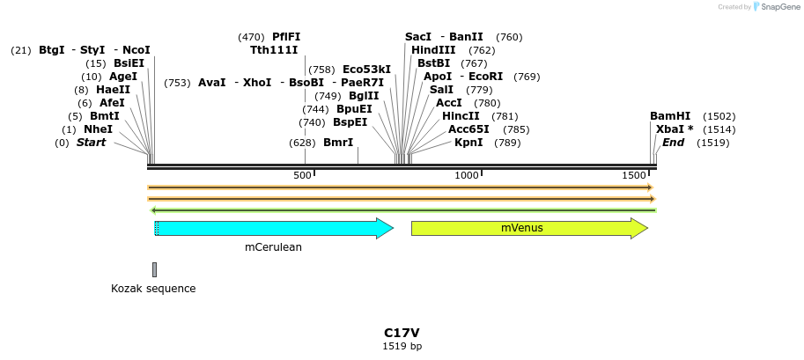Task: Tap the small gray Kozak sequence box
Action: (154, 269)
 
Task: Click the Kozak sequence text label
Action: (153, 289)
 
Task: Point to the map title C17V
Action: (402, 333)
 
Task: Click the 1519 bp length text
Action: (402, 347)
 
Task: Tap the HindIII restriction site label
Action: (433, 50)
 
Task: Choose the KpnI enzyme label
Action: (468, 143)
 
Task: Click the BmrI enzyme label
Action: (338, 143)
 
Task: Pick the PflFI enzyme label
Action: (286, 37)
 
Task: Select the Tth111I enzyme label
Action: (274, 50)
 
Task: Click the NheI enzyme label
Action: (99, 129)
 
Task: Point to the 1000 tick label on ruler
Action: (466, 176)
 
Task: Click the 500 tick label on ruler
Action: (302, 176)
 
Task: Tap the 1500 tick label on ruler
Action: (634, 176)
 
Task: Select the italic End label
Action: (673, 143)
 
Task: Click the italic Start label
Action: (92, 143)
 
